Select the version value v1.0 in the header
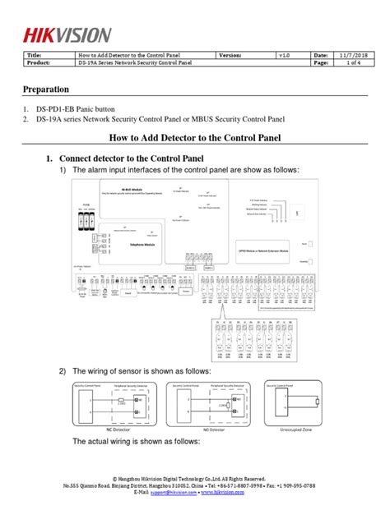pyautogui.click(x=284, y=54)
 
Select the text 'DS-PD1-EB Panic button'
pyautogui.click(x=81, y=109)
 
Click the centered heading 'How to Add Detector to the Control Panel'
pyautogui.click(x=195, y=139)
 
